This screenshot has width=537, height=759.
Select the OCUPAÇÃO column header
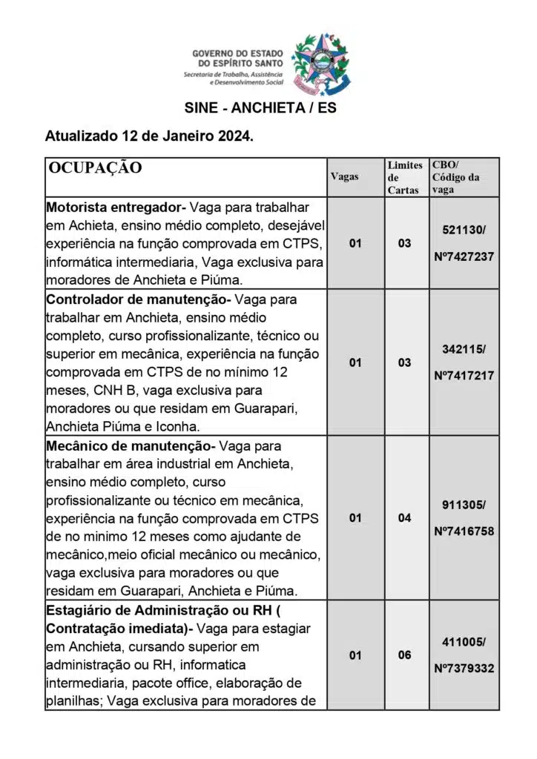point(94,168)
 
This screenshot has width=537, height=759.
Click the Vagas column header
point(344,176)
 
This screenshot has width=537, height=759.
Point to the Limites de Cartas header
point(404,177)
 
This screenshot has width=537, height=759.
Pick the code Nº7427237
point(464,256)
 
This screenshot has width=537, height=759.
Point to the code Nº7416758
point(464,531)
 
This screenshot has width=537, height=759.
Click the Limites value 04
point(404,518)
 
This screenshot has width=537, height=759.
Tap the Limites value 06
point(404,655)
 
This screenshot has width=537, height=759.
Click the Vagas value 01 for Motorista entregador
point(355,242)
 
